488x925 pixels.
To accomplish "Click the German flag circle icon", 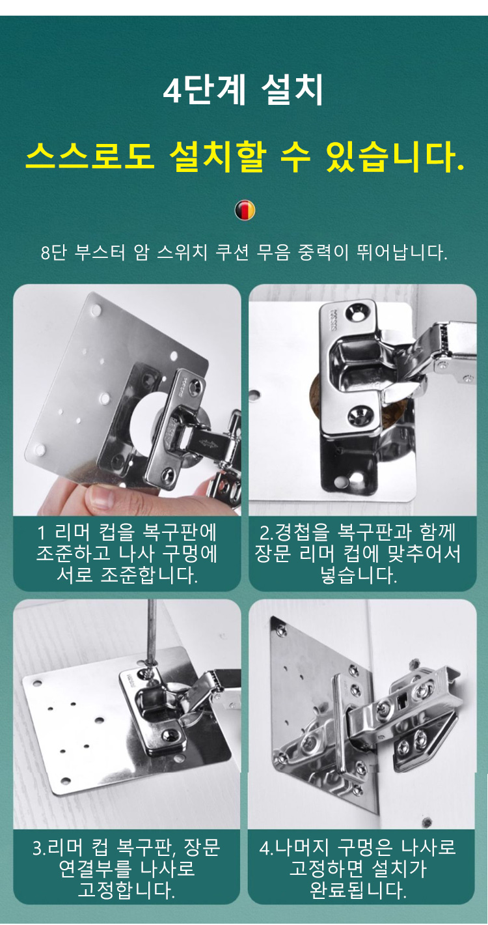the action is [245, 210].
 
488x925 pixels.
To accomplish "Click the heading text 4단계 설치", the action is [243, 90].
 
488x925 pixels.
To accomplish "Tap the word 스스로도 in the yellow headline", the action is [90, 156].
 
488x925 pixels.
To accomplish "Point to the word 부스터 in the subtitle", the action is [100, 252].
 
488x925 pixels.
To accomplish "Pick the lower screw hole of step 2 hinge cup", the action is [358, 416].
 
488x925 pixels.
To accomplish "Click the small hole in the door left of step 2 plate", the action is [254, 397].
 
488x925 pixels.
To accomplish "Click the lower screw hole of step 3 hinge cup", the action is [169, 733].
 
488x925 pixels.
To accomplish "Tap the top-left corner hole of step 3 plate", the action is [38, 683].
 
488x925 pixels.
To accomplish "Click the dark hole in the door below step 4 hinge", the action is [427, 822].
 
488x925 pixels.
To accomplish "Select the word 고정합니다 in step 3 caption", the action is [127, 889].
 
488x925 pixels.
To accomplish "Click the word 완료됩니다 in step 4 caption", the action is [358, 890].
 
